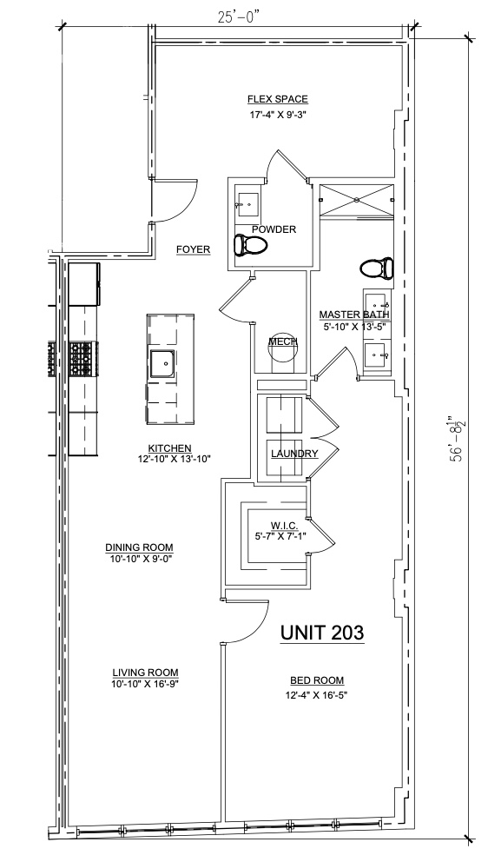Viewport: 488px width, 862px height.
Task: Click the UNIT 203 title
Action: click(322, 633)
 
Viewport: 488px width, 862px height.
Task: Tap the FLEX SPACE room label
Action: click(278, 100)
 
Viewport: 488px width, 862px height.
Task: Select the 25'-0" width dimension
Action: click(238, 17)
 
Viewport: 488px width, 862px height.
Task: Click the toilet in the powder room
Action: click(250, 245)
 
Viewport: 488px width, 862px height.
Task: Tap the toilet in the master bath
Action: click(377, 269)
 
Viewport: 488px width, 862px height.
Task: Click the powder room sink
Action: click(247, 204)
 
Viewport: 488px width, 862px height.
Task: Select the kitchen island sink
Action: click(163, 363)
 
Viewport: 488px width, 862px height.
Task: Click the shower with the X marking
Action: click(357, 201)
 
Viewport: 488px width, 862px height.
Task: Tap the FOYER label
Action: click(193, 249)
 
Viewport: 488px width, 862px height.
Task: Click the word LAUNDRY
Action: click(294, 454)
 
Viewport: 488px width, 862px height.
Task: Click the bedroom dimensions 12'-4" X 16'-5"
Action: click(317, 695)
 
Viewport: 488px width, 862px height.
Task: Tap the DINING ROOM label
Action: click(139, 547)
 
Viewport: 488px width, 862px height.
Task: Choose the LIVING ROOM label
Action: click(145, 673)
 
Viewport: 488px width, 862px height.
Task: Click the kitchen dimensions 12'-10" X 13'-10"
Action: click(175, 459)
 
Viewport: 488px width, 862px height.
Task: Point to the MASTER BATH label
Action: click(354, 315)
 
